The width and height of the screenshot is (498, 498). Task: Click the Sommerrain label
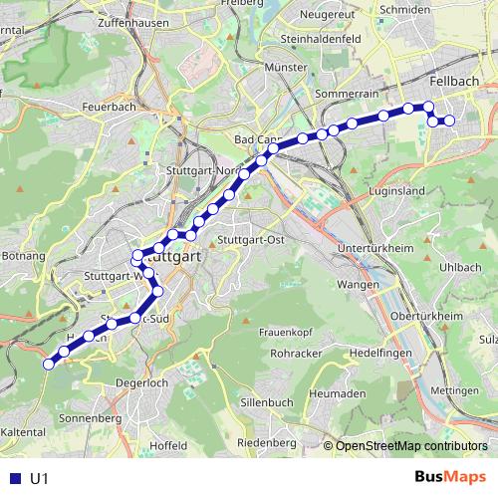pyautogui.click(x=342, y=92)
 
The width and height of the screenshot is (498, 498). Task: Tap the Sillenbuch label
pyautogui.click(x=265, y=401)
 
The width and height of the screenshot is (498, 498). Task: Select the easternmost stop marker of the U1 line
pyautogui.click(x=449, y=121)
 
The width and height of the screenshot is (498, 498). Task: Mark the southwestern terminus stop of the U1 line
pyautogui.click(x=47, y=365)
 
